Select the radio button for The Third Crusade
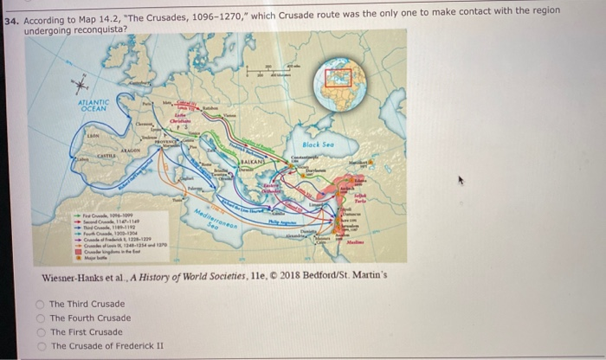coord(41,304)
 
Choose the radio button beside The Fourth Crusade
coord(41,318)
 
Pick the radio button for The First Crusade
coord(41,331)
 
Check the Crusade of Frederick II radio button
coord(41,345)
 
